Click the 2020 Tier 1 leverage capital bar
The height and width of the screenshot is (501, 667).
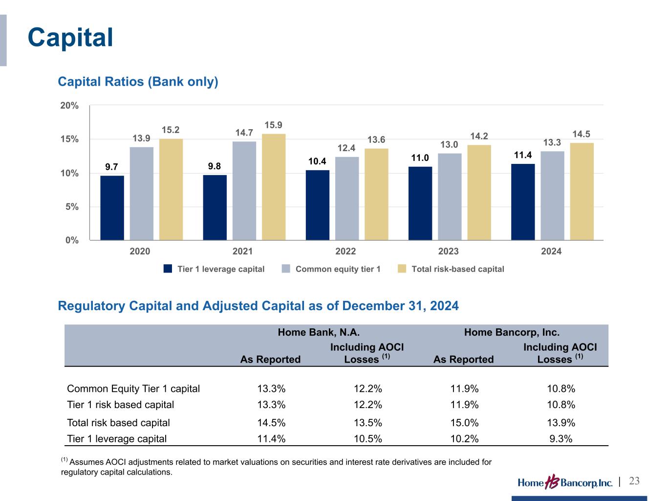coord(112,208)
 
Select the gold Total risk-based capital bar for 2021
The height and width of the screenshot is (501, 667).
coord(274,187)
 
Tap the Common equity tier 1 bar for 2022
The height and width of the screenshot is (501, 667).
coord(347,199)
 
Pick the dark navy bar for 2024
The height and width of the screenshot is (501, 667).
coord(523,202)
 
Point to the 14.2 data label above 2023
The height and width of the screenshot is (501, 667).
coord(479,137)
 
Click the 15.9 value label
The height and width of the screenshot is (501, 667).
coord(273,125)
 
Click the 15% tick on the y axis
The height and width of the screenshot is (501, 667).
coord(69,139)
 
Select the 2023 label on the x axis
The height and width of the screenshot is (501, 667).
coord(448,251)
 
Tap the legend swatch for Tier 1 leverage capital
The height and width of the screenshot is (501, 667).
coord(168,269)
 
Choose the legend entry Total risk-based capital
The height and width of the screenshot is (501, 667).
coord(451,269)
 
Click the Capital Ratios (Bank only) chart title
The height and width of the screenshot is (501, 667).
coord(138,82)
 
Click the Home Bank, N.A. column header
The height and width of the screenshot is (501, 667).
coord(319,332)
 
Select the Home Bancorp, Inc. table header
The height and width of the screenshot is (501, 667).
coord(512,332)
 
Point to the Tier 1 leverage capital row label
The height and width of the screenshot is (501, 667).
coord(117,439)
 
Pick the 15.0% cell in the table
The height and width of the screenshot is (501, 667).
coord(464,423)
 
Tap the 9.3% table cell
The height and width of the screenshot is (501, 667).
coord(561,439)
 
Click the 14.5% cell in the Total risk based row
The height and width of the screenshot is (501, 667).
coord(271,423)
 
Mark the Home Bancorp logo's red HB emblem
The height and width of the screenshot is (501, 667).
coord(552,482)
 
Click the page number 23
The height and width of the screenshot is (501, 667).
coord(634,481)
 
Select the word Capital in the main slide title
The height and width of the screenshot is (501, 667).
coord(70,37)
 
